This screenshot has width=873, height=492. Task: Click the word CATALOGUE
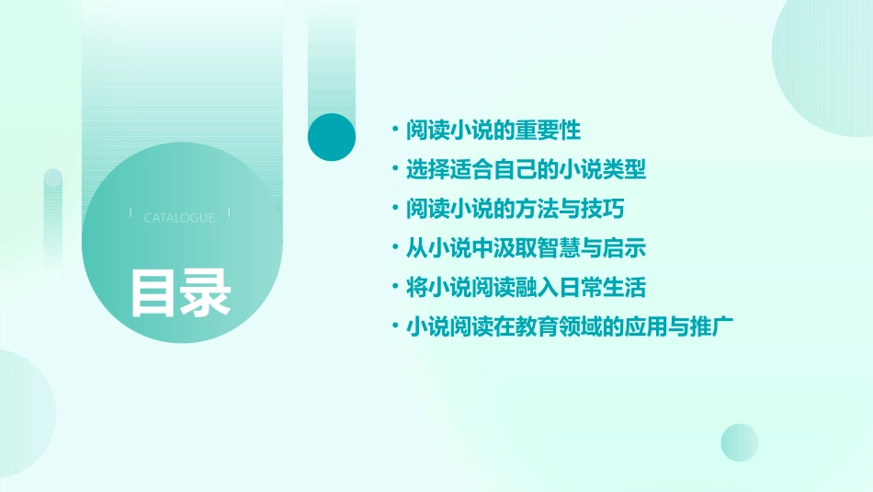coord(179,218)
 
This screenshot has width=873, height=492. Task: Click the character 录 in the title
coord(206,293)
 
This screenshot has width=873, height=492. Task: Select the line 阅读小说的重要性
coord(493,131)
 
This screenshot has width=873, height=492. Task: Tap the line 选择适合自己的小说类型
coord(526,170)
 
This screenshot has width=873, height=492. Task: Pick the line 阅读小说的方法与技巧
coord(515,210)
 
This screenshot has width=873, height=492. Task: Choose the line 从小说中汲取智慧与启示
coord(526,248)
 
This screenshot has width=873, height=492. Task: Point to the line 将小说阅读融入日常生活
coord(526,288)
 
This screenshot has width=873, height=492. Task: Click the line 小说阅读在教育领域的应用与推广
coord(568,327)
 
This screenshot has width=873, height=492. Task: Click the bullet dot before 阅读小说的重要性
coord(394,131)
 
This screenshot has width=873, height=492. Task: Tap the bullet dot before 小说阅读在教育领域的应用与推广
coord(394,327)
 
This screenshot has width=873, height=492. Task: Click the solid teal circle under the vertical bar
coord(332,137)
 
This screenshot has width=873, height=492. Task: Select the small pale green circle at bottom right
coord(740,442)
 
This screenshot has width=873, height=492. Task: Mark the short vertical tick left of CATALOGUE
coord(130,213)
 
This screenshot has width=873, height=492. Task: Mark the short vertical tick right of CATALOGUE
coord(228,213)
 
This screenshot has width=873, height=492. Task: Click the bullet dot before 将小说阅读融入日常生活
coord(394,288)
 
